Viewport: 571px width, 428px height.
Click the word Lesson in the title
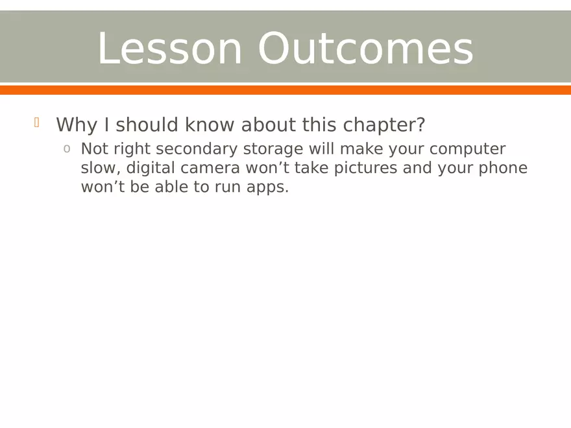pos(169,49)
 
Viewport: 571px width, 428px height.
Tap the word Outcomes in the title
pos(365,49)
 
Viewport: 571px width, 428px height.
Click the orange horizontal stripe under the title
pos(285,89)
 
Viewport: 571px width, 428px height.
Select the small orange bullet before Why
pos(37,122)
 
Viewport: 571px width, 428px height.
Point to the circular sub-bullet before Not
pos(67,149)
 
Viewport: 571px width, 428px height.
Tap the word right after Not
pos(131,149)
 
